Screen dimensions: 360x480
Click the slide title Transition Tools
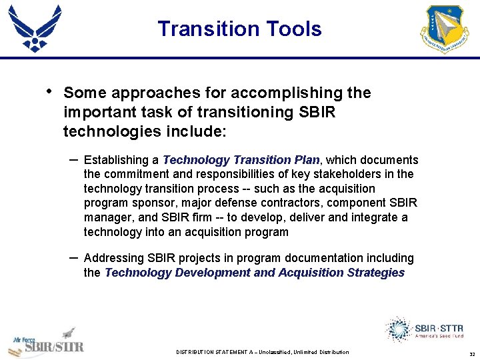[239, 29]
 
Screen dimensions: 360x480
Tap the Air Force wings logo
[35, 28]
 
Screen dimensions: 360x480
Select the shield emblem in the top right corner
[445, 29]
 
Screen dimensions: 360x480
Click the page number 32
[471, 353]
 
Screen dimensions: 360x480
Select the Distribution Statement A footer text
[262, 352]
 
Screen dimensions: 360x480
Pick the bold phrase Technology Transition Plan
[241, 160]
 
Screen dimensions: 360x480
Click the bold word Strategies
[376, 273]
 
